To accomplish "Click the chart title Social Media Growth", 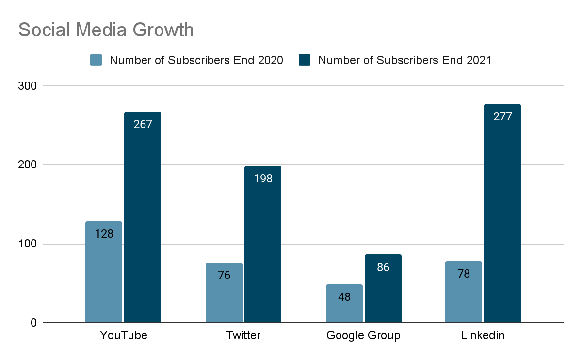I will [106, 30].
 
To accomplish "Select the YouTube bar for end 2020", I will [104, 272].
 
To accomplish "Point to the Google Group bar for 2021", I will [383, 288].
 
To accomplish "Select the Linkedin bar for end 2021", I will [502, 213].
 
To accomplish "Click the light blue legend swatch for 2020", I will [96, 60].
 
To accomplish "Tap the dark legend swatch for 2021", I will [305, 60].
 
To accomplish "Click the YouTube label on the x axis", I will [123, 335].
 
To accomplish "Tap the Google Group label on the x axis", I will [363, 335].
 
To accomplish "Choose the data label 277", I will [502, 116].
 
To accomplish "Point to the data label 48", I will [344, 297].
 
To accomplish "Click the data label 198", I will [263, 179].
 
